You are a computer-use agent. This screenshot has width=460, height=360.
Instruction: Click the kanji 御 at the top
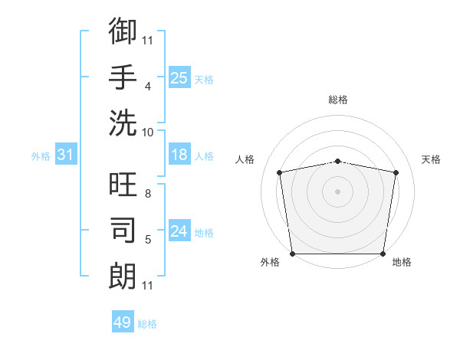pyautogui.click(x=123, y=31)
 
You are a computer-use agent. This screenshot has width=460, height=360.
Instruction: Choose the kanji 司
pyautogui.click(x=123, y=231)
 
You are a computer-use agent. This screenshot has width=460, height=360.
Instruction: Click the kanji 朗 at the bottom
pyautogui.click(x=123, y=275)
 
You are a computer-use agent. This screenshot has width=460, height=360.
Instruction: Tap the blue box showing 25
pyautogui.click(x=179, y=77)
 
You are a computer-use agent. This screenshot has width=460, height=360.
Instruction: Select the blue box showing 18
pyautogui.click(x=179, y=155)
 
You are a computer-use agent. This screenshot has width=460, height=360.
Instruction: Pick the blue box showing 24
pyautogui.click(x=179, y=232)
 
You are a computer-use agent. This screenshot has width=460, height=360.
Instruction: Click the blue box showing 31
pyautogui.click(x=65, y=155)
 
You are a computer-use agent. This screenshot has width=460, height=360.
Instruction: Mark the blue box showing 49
pyautogui.click(x=122, y=322)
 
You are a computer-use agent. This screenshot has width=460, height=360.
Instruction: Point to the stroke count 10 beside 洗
pyautogui.click(x=148, y=132)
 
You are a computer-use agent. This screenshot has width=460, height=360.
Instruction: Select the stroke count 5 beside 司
pyautogui.click(x=147, y=241)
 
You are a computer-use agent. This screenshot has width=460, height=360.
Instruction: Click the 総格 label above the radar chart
pyautogui.click(x=337, y=100)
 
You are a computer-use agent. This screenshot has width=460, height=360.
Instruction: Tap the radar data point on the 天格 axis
pyautogui.click(x=396, y=172)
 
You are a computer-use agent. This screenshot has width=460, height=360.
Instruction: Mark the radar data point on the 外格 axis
pyautogui.click(x=292, y=254)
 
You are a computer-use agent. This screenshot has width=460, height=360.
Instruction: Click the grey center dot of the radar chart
pyautogui.click(x=337, y=191)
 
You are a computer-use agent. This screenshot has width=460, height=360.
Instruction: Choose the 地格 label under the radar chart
pyautogui.click(x=402, y=262)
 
